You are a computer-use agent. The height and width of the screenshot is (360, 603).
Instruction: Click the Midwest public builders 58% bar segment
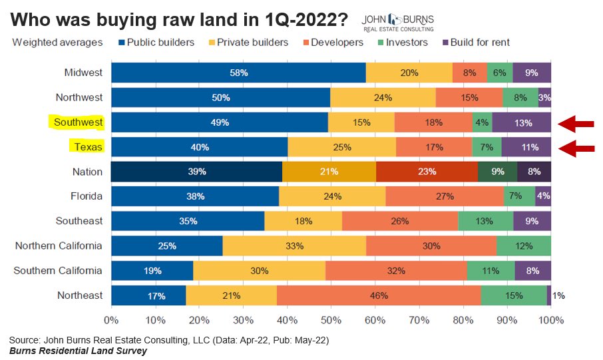pyautogui.click(x=238, y=73)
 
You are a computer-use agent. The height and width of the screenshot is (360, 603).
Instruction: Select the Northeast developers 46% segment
pyautogui.click(x=379, y=295)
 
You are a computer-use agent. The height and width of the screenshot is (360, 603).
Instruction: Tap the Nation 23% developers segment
pyautogui.click(x=427, y=172)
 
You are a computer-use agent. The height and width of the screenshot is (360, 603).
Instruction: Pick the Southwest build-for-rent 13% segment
pyautogui.click(x=522, y=122)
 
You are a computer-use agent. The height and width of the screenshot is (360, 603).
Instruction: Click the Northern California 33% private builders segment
pyautogui.click(x=294, y=246)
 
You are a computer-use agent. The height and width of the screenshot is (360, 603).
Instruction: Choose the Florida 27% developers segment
pyautogui.click(x=445, y=196)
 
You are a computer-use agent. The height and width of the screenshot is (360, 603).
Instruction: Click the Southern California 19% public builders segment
pyautogui.click(x=152, y=271)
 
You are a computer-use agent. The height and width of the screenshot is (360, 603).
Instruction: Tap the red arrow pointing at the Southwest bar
pyautogui.click(x=576, y=123)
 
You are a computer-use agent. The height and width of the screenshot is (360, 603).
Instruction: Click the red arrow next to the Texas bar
pyautogui.click(x=576, y=148)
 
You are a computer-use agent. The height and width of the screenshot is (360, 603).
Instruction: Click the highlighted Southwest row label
pyautogui.click(x=78, y=122)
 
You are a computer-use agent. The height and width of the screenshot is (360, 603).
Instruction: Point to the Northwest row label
pyautogui.click(x=79, y=97)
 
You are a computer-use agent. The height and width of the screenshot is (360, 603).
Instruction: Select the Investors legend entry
pyautogui.click(x=403, y=43)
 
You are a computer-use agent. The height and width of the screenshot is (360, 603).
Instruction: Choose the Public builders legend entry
pyautogui.click(x=157, y=43)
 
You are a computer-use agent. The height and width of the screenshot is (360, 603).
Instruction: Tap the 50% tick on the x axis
pyautogui.click(x=331, y=320)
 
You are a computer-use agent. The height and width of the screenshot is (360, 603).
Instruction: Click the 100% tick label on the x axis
pyautogui.click(x=550, y=320)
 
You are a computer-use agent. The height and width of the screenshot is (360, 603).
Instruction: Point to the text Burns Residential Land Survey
pyautogui.click(x=78, y=350)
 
